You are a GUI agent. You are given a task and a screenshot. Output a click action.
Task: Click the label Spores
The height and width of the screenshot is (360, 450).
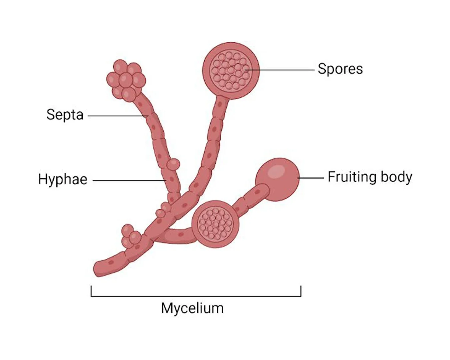point(340,69)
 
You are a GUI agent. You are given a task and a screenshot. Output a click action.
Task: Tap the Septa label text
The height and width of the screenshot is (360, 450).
point(65,115)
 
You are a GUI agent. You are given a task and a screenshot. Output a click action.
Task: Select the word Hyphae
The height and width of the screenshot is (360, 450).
point(63,179)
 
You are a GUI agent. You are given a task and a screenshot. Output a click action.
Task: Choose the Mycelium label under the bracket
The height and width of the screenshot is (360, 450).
point(192,309)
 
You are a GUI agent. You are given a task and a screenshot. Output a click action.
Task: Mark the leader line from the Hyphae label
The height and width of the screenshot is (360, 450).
point(129,180)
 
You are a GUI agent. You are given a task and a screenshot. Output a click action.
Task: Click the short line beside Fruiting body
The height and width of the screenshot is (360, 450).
point(311,178)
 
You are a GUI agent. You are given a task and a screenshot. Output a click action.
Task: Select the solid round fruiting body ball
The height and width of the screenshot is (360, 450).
point(277,179)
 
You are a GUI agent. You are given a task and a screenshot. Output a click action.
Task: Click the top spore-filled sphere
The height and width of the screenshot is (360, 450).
point(231,71)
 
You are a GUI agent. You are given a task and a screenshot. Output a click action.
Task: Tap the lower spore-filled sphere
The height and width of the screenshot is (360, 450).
point(215,224)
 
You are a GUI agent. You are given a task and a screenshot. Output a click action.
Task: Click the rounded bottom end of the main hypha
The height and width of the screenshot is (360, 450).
point(99,270)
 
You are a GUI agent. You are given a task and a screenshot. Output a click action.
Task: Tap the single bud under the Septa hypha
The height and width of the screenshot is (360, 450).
point(173,164)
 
